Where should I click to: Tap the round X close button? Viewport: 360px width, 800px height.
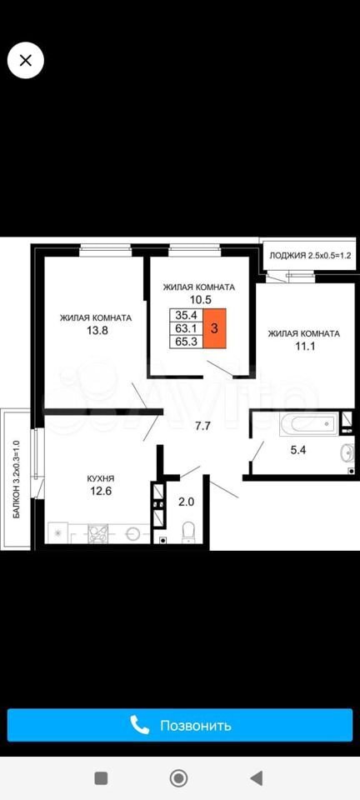pos(25,61)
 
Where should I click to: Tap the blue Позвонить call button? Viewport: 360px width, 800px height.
pos(179,724)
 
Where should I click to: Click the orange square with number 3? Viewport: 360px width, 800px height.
pos(215,328)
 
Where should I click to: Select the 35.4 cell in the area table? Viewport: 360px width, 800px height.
pos(187,315)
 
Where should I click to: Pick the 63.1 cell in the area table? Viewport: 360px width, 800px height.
pos(187,328)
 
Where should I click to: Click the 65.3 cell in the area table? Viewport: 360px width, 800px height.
pos(187,342)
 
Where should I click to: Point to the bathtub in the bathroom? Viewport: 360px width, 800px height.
pos(307,424)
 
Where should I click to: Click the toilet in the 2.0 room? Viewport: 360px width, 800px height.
pos(188,530)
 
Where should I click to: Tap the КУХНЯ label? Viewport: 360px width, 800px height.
pos(100,478)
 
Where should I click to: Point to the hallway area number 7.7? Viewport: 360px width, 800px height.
pos(203,427)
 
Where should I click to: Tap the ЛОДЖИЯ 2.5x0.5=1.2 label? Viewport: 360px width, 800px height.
pos(311,256)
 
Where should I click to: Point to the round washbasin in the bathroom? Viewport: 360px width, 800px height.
pos(347,452)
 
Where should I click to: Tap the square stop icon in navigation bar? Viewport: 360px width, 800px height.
pos(101,778)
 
